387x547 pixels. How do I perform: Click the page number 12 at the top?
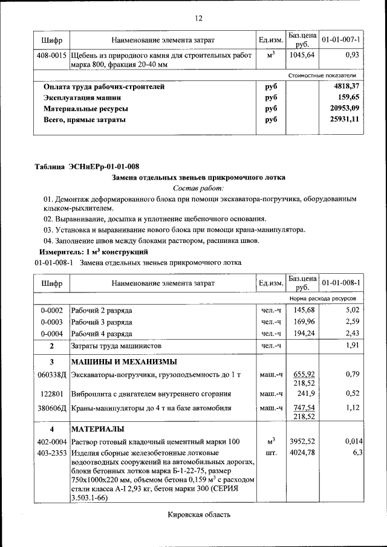(x=198, y=18)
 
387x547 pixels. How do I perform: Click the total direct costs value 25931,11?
(x=344, y=120)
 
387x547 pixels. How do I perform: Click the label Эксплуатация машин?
(x=82, y=97)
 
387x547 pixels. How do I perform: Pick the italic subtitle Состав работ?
(x=198, y=189)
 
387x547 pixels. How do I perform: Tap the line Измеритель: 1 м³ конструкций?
(x=93, y=251)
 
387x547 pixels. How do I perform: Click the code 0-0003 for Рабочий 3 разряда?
(x=51, y=322)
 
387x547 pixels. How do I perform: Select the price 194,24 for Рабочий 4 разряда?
(x=303, y=333)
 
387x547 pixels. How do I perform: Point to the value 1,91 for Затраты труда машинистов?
(x=352, y=346)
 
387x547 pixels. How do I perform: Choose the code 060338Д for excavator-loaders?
(x=51, y=375)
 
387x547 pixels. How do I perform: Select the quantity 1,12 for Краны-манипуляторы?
(x=353, y=407)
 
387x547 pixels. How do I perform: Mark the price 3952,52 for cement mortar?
(x=303, y=441)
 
